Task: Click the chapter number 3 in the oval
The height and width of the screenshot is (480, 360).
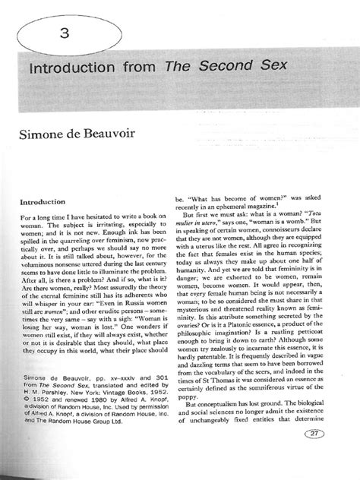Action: (x=68, y=33)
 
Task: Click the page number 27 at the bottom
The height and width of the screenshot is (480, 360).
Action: (x=334, y=455)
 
